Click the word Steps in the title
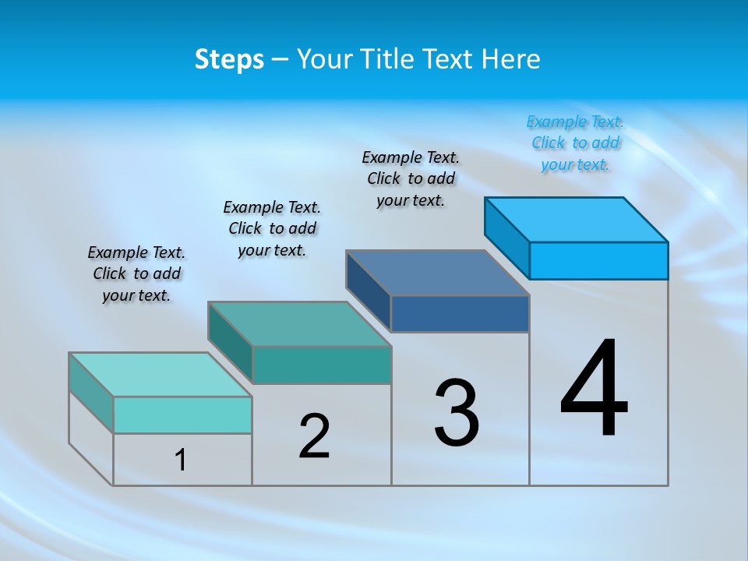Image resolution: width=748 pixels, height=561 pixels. click(x=229, y=59)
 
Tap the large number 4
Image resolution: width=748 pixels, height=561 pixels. click(x=594, y=390)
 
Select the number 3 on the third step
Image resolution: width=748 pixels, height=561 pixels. click(x=457, y=414)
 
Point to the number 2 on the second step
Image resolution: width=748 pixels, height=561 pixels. click(x=314, y=436)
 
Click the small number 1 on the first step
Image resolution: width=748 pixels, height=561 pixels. click(x=181, y=460)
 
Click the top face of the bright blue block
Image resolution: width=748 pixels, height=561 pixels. click(x=577, y=219)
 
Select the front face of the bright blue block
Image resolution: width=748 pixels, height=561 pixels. click(x=598, y=260)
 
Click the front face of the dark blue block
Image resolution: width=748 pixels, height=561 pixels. click(x=460, y=313)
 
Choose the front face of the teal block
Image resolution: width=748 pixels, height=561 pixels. click(x=321, y=365)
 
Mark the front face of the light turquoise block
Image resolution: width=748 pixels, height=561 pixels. click(x=182, y=415)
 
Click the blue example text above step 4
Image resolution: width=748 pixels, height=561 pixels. click(x=575, y=143)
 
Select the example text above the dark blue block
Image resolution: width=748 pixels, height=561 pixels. click(x=411, y=179)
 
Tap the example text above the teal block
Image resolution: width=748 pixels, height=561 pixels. click(x=272, y=228)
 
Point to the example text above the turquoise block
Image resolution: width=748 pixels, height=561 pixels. click(x=136, y=273)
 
